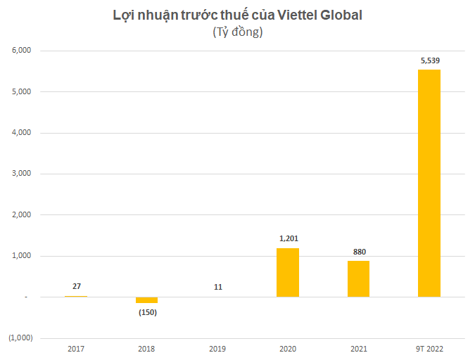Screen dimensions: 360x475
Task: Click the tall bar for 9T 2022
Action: coord(429,183)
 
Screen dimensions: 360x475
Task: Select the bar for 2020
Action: coord(287,272)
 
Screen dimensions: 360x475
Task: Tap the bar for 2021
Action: coord(358,278)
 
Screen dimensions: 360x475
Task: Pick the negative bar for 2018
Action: coord(146,300)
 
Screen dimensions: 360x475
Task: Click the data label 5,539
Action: coord(430,60)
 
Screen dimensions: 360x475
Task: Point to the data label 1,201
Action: coord(289,239)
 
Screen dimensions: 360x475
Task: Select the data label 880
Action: coord(359,252)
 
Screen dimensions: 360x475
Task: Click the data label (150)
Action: coord(146,312)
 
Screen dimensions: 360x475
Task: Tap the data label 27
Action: coord(77,286)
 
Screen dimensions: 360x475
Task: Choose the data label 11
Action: coord(217,287)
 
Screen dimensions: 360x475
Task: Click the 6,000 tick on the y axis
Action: coord(21,51)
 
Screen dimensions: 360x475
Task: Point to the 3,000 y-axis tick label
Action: coord(21,174)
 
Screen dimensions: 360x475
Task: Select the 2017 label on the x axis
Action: coord(76,348)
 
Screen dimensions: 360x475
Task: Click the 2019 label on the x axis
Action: coord(217,348)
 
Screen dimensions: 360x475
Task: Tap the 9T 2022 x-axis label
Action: coord(429,348)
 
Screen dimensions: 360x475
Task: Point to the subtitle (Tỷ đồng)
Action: coord(237,32)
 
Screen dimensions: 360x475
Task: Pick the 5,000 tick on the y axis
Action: coord(21,91)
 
